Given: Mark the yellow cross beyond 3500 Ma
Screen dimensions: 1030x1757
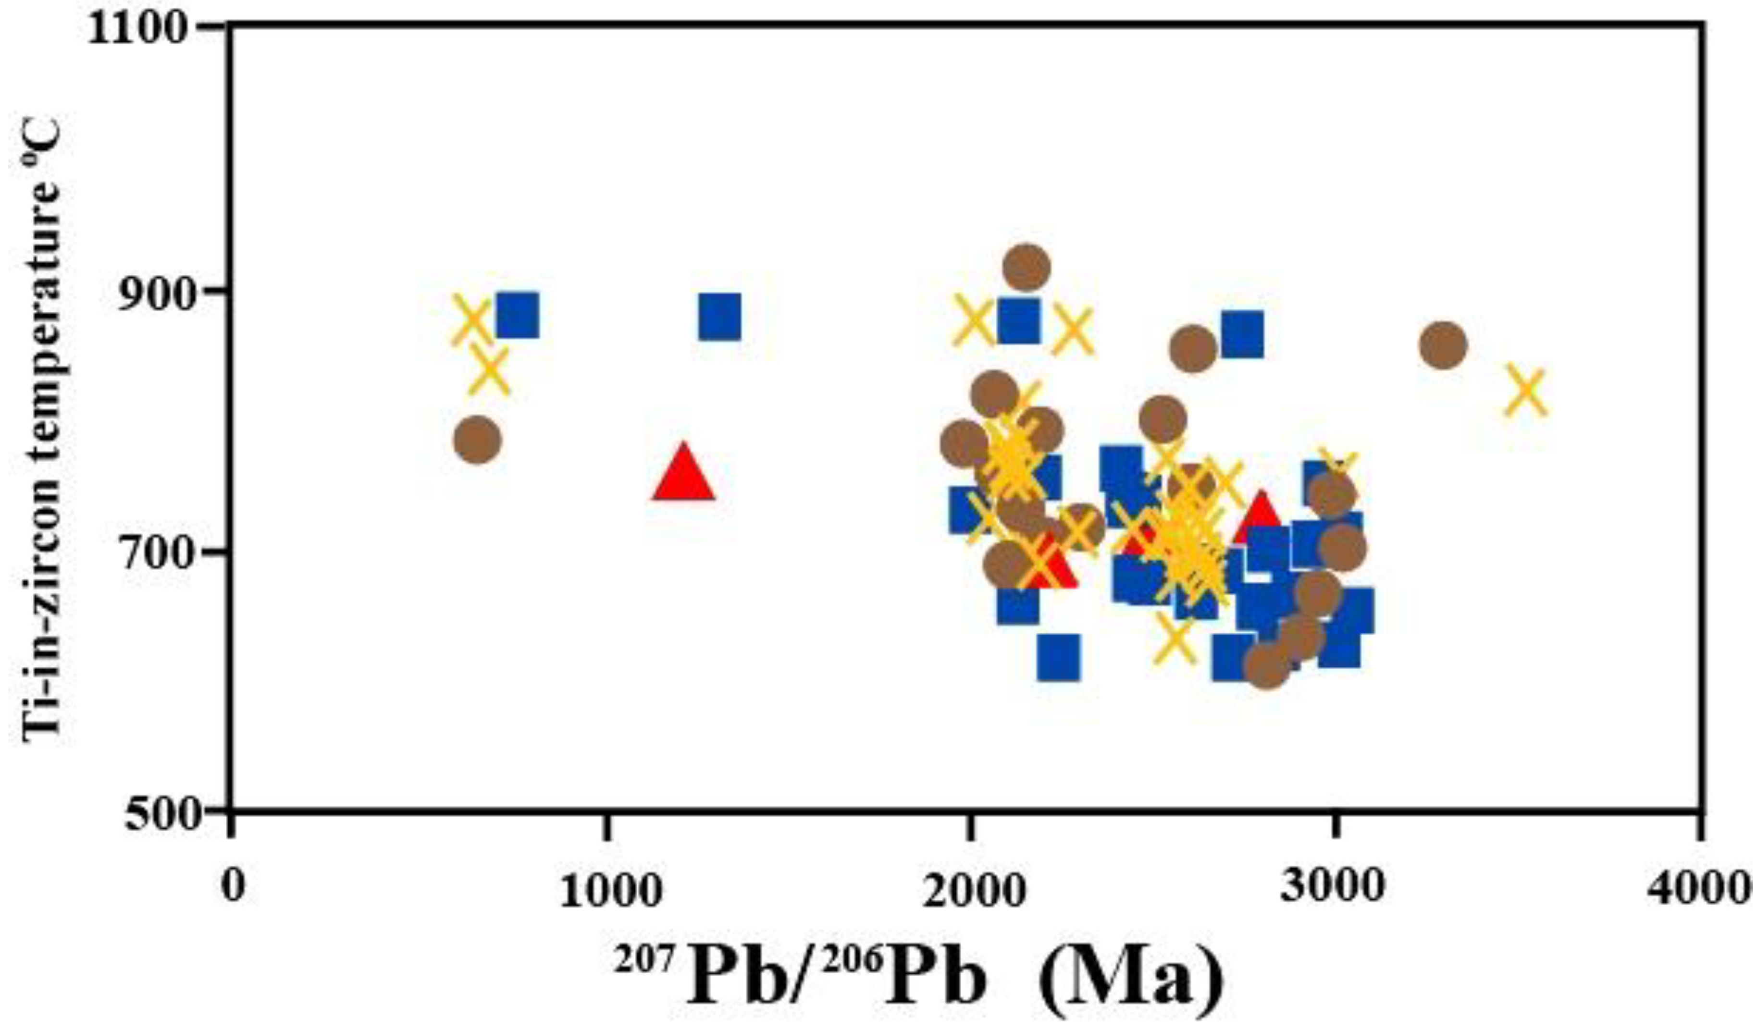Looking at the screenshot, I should coord(1525,390).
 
